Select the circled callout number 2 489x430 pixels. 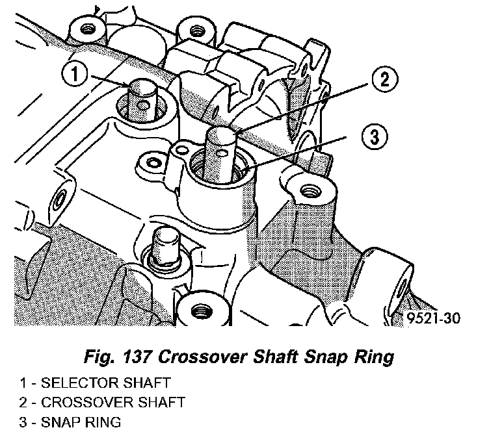click(x=384, y=80)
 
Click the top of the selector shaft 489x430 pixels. click(x=141, y=84)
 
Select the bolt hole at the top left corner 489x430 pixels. click(x=83, y=29)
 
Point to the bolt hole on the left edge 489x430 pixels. click(x=61, y=200)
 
